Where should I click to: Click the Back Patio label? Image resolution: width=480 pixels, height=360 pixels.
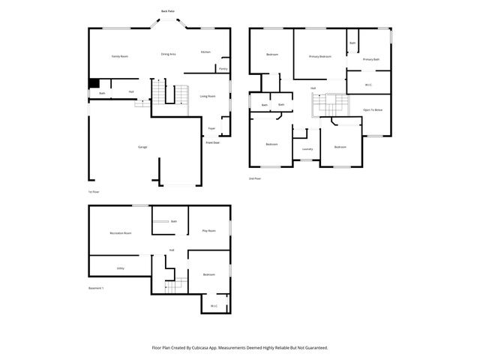point(169,11)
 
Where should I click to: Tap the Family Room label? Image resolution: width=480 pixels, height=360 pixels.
point(119,56)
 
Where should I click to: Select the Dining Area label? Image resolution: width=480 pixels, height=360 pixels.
point(169,54)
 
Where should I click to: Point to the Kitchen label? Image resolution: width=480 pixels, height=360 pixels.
point(205,52)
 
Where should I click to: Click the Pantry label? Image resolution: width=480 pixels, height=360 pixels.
point(223,68)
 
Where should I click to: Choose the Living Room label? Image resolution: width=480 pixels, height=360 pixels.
point(208,96)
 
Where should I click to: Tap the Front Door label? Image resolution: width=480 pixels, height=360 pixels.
point(213,142)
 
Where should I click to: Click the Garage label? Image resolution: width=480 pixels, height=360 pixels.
point(142,147)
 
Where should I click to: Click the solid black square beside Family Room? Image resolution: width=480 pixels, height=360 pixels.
point(94,84)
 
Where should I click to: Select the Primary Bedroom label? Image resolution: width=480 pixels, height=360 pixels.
point(320,57)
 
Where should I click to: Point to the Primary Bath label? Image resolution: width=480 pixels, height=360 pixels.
point(371,59)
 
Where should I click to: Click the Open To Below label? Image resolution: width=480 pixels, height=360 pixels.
point(373,109)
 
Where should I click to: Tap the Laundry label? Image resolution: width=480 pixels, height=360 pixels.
point(307,149)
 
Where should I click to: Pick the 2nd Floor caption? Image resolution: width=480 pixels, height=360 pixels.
point(255,178)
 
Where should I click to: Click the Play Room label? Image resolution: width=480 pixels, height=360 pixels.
point(209,231)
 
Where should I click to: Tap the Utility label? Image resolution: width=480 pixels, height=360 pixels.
point(120,268)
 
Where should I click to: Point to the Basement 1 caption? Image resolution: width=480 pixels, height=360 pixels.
point(97,288)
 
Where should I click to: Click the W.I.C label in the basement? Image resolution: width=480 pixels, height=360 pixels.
point(214,305)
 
